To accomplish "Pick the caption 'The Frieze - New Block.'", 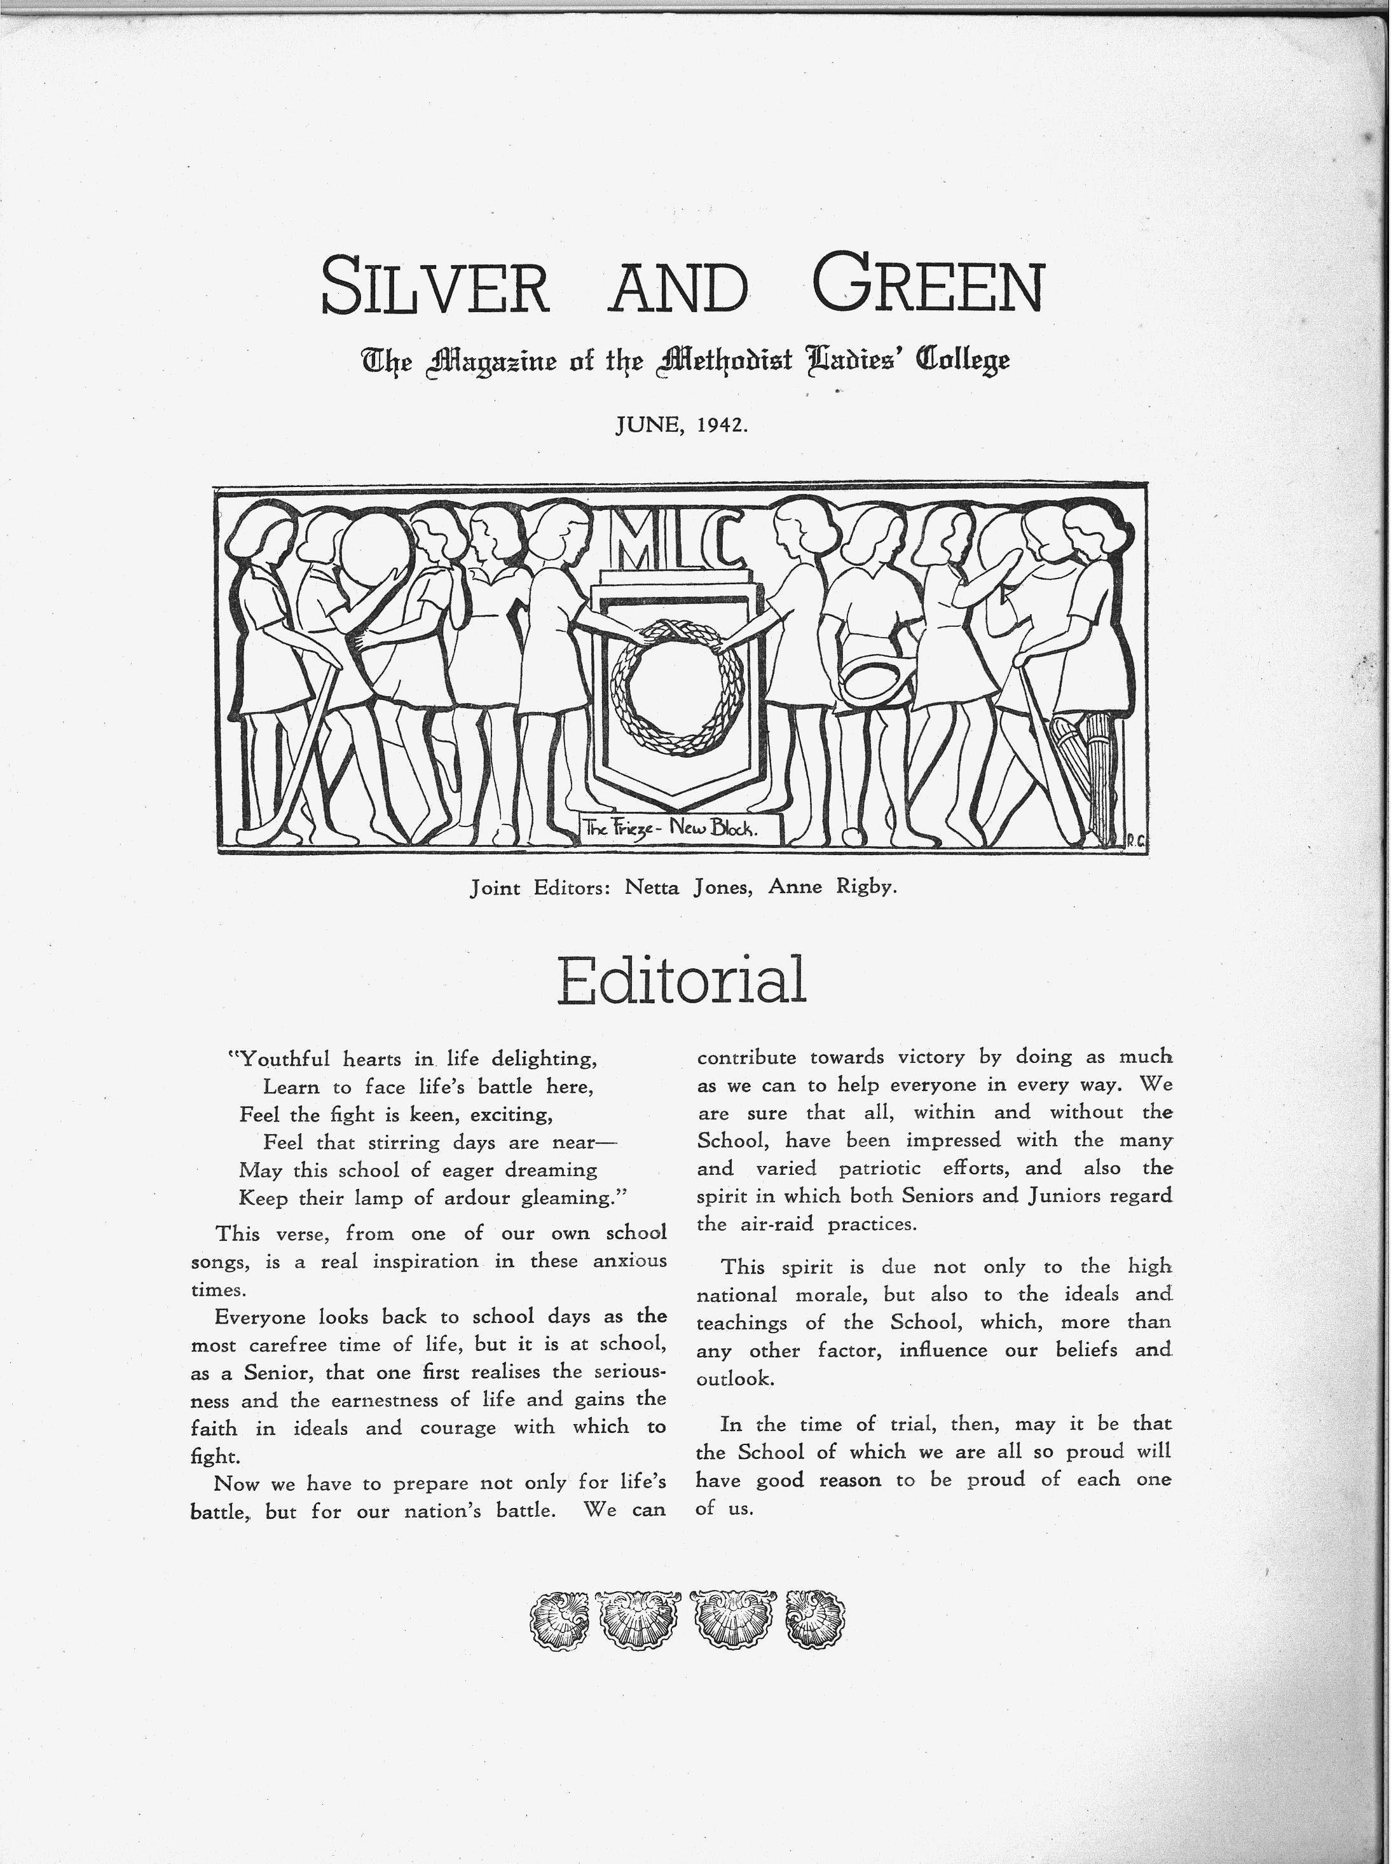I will coord(672,828).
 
